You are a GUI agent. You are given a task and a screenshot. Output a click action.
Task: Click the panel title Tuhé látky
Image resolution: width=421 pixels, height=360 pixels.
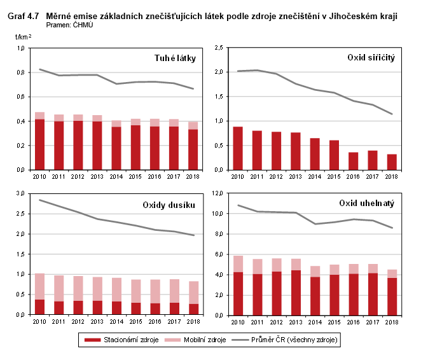(175, 59)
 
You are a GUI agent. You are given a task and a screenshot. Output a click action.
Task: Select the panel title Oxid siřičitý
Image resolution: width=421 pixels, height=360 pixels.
(371, 58)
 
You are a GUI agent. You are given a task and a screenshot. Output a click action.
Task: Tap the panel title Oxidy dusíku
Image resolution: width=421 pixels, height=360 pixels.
(169, 204)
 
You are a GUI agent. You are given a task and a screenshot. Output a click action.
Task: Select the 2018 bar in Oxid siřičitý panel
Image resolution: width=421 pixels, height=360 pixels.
(392, 162)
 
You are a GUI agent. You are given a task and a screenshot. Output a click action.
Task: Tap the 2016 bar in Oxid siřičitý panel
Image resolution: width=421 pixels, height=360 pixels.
(353, 161)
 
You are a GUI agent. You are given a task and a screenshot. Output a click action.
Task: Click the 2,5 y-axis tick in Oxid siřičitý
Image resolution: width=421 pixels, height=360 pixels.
(218, 48)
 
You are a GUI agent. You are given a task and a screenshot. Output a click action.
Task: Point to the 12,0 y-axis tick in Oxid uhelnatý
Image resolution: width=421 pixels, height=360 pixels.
(217, 193)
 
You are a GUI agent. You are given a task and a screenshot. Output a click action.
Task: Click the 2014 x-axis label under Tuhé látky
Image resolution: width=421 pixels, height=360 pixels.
(116, 176)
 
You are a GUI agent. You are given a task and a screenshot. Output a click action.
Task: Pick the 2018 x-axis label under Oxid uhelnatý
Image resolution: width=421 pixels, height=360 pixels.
(392, 321)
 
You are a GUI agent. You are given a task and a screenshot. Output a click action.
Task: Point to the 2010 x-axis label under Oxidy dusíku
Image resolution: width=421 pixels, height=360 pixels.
(39, 321)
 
